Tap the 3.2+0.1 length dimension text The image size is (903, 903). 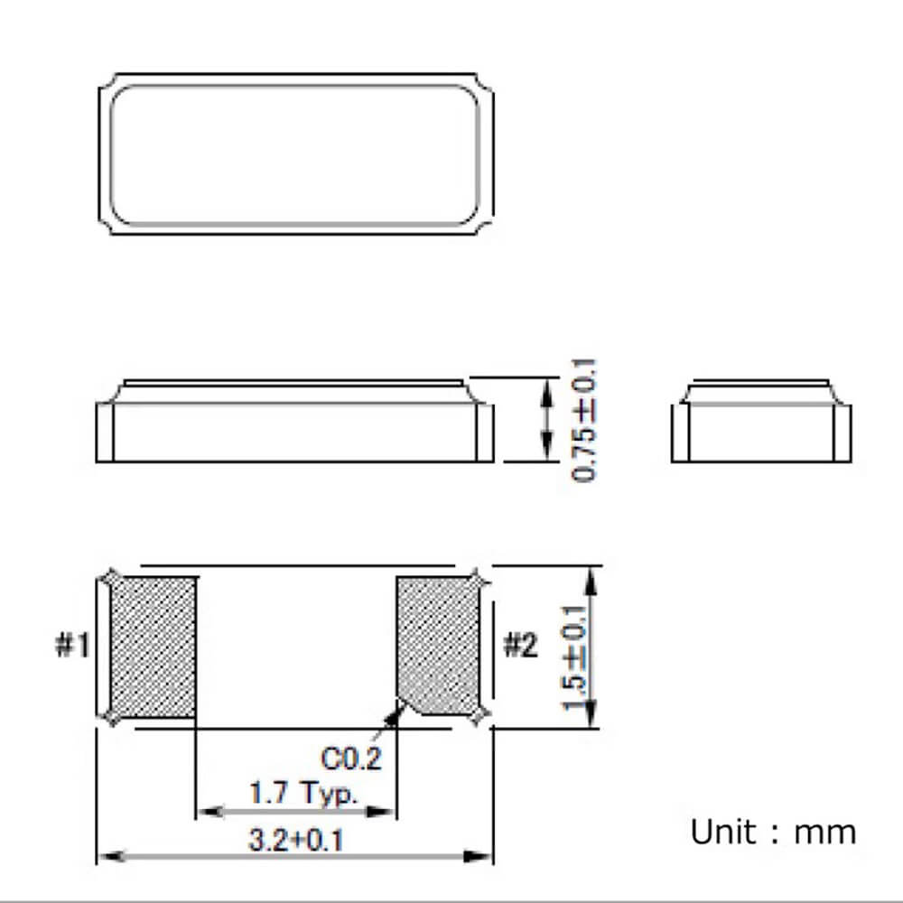click(x=295, y=842)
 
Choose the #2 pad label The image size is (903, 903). click(x=519, y=647)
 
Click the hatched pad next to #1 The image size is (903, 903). click(x=152, y=647)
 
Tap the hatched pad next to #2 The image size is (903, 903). click(x=439, y=646)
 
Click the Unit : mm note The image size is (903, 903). click(x=773, y=832)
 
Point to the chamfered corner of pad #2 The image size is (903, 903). click(x=405, y=708)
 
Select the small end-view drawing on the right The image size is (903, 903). click(x=760, y=421)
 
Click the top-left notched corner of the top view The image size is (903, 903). click(x=106, y=83)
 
